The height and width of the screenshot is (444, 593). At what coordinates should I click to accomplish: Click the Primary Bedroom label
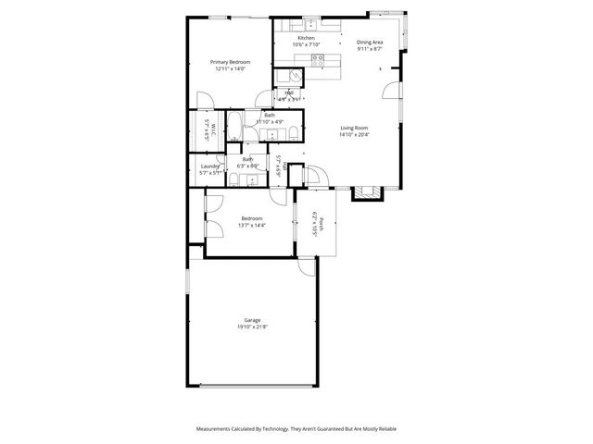point(229,61)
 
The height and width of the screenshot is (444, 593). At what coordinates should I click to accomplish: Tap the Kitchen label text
point(306,38)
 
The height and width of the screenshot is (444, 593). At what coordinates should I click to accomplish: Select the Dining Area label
point(370,42)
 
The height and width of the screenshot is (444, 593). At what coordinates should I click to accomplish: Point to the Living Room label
point(355,128)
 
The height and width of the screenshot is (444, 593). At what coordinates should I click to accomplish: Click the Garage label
point(252,318)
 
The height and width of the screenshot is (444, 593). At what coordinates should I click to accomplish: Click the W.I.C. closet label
point(212,129)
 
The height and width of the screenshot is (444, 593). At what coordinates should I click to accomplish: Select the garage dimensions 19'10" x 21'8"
point(252,325)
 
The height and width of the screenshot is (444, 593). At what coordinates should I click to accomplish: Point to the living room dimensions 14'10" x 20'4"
point(355,134)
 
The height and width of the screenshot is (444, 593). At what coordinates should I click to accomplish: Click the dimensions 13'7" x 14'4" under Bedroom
point(252,225)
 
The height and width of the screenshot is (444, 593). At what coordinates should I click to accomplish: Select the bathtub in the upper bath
point(235,129)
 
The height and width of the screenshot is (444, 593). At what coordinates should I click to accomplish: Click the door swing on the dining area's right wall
point(393,91)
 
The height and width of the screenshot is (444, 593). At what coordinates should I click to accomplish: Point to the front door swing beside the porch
point(313,176)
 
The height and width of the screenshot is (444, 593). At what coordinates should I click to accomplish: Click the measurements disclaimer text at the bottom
point(296,429)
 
